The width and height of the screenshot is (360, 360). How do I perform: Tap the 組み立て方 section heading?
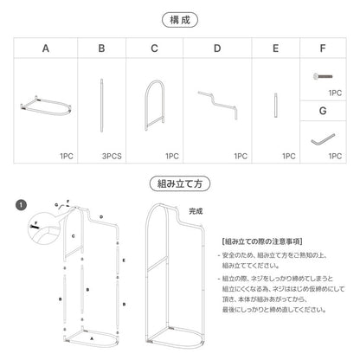(x=180, y=183)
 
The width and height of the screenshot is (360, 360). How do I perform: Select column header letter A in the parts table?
(x=45, y=50)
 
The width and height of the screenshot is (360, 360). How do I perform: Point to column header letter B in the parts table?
(x=101, y=50)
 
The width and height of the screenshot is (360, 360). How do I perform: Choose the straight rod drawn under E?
(x=275, y=106)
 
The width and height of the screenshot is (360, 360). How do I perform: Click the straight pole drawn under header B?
(x=102, y=106)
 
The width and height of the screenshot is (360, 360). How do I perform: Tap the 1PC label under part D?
(x=240, y=158)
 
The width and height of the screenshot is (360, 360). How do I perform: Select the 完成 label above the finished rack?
(x=196, y=210)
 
